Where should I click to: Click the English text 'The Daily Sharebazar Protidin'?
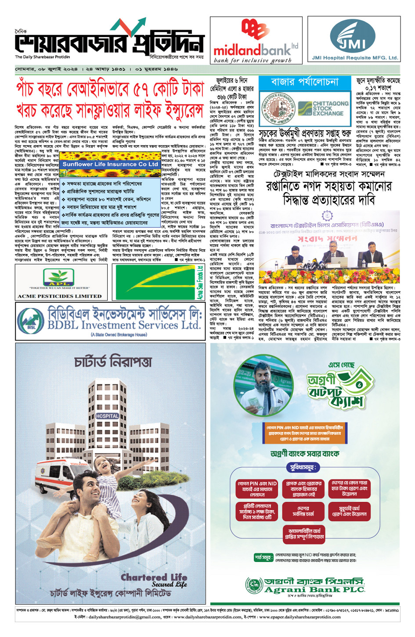[x=42, y=57]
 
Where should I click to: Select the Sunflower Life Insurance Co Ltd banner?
[x=110, y=164]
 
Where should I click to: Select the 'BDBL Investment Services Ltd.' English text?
[x=124, y=325]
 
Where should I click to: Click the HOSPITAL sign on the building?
[x=107, y=416]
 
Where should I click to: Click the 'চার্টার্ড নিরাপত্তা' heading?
[x=113, y=362]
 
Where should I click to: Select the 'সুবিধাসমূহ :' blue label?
[x=302, y=468]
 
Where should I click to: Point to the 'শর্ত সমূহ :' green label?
[x=263, y=558]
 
